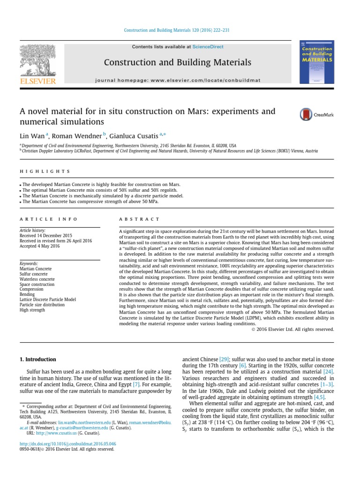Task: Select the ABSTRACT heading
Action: coord(139,219)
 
